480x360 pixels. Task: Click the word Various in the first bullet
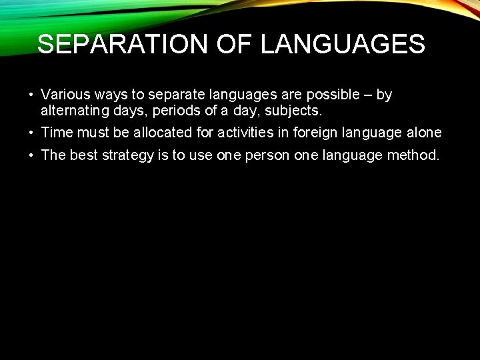coord(63,95)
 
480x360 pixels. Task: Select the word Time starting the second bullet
coord(55,133)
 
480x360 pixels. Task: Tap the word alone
coord(424,133)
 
